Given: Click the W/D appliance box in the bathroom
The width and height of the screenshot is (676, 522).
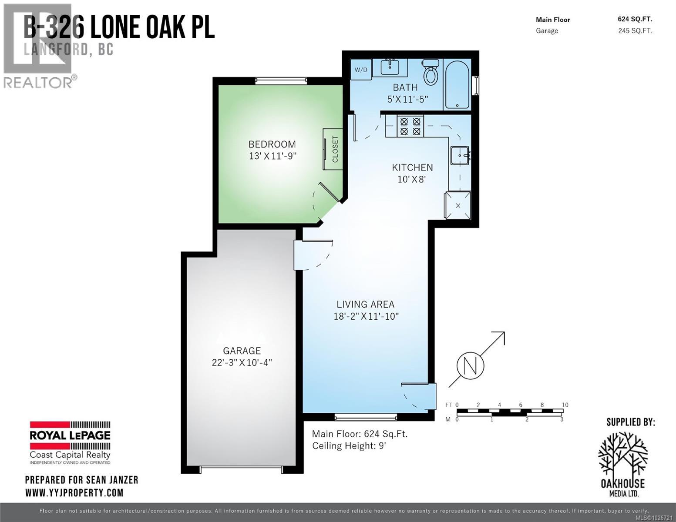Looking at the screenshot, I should click(361, 70).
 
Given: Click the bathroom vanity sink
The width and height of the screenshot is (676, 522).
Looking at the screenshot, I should click(390, 67).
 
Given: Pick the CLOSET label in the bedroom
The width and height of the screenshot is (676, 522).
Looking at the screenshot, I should click(335, 149).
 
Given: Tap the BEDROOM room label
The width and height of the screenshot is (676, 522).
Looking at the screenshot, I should click(272, 144).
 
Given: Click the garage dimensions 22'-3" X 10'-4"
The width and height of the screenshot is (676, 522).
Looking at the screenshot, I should click(242, 362).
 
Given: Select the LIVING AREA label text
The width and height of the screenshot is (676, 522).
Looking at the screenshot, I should click(365, 304).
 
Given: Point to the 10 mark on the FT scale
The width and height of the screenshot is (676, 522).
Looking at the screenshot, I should click(565, 405).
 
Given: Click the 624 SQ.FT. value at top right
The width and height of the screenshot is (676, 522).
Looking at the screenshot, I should click(635, 19).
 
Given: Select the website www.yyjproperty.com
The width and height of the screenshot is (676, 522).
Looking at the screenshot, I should click(74, 493).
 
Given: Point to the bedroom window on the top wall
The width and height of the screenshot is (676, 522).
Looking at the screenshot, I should click(281, 80).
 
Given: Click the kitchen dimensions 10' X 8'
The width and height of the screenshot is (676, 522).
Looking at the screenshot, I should click(411, 179).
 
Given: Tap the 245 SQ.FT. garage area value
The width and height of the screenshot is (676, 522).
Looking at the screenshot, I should click(635, 31).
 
